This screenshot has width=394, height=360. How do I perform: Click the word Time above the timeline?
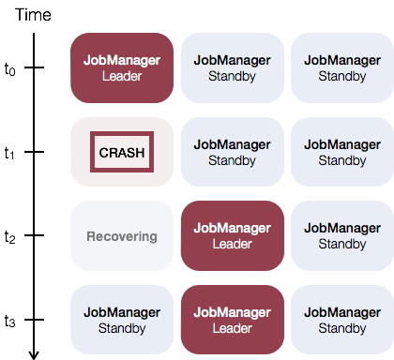point(33,15)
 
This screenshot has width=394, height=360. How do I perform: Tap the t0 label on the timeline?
point(9,68)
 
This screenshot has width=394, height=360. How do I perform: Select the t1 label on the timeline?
point(9,153)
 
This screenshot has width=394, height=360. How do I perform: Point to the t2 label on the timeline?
point(9,236)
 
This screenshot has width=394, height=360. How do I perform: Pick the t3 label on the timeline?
point(9,321)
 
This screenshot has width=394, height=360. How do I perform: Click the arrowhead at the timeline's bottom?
point(34,355)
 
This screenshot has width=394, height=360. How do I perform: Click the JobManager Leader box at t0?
point(122,67)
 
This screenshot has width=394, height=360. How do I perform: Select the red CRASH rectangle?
point(122,152)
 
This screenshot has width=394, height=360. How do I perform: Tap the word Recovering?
point(122,236)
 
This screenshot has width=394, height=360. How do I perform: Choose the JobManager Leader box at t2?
point(233,235)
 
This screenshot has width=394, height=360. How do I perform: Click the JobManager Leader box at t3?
point(233,320)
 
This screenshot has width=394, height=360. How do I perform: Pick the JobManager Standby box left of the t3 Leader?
point(122,320)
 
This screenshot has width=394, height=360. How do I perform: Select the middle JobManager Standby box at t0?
point(233,67)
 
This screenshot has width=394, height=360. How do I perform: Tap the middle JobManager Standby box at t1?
point(233,152)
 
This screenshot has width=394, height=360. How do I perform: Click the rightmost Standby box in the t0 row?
point(342,67)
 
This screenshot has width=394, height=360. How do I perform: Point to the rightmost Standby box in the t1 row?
point(342,152)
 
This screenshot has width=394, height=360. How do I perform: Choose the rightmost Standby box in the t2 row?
point(342,235)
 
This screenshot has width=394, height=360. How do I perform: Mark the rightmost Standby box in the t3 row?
point(342,320)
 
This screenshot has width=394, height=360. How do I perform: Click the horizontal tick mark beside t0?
point(34,67)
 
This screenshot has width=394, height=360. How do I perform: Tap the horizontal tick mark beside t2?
point(34,235)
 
